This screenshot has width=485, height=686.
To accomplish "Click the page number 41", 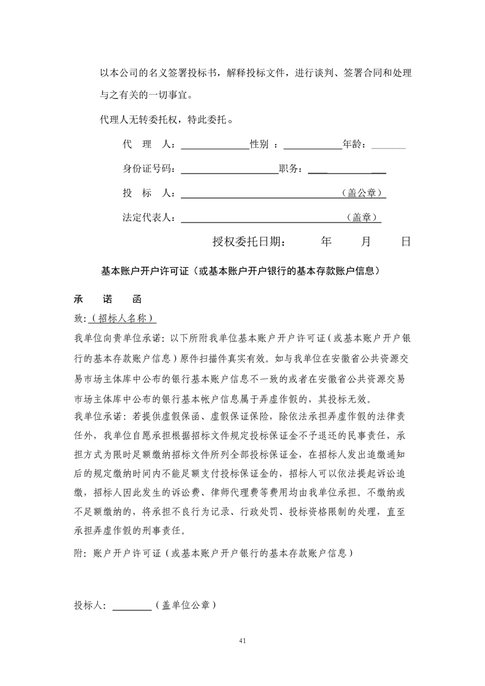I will pyautogui.click(x=242, y=641).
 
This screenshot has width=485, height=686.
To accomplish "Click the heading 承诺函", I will pyautogui.click(x=108, y=300).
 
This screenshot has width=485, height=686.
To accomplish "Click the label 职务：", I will pyautogui.click(x=292, y=169).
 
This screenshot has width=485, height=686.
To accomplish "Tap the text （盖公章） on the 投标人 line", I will pyautogui.click(x=363, y=193).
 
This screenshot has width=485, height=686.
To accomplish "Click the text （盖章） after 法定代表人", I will pyautogui.click(x=363, y=217).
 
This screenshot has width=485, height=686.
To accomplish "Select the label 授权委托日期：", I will pyautogui.click(x=248, y=242).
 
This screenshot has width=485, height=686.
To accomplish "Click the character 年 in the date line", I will pyautogui.click(x=326, y=242).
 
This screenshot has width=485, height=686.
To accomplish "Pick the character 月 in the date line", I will pyautogui.click(x=366, y=242).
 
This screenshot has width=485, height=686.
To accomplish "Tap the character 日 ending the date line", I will pyautogui.click(x=406, y=242).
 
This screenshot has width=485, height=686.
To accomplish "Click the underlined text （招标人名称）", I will pyautogui.click(x=123, y=319).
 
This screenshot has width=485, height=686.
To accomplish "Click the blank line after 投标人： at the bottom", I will pyautogui.click(x=132, y=607).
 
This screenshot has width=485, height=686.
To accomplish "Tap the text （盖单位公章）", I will pyautogui.click(x=184, y=605).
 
